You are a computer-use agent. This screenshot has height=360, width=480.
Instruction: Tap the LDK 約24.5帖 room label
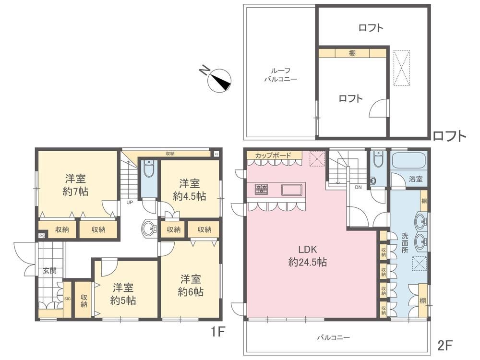[x=307, y=256]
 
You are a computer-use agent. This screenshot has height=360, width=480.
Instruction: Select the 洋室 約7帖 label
[x=75, y=185]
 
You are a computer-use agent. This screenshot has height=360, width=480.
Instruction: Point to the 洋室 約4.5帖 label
[x=190, y=190]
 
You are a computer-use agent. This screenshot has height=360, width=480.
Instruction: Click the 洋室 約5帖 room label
[x=123, y=294]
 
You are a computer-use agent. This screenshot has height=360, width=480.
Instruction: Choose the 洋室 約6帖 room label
[x=191, y=285]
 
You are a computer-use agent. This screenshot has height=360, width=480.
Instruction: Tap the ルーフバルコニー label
[x=280, y=75]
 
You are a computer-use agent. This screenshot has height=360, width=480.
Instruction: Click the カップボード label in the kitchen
[x=273, y=155]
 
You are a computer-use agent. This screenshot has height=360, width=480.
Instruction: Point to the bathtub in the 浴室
[x=409, y=162]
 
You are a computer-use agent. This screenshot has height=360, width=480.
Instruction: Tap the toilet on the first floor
[x=149, y=168]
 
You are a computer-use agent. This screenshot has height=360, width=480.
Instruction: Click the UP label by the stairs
[x=130, y=202]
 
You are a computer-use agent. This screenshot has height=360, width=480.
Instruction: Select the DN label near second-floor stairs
[x=358, y=187]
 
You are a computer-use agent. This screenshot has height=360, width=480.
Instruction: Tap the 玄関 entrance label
[x=49, y=271]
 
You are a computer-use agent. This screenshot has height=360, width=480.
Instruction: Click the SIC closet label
[x=67, y=299]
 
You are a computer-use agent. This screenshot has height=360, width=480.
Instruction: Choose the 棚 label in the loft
[x=352, y=53]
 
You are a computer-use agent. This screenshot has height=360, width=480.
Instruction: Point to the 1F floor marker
[x=217, y=332]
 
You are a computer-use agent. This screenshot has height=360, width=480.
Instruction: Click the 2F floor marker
[x=445, y=346]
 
